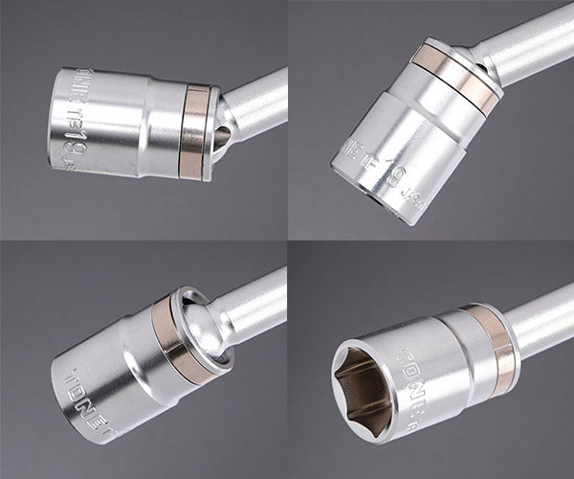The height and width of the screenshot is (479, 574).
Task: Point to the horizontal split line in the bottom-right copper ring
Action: [499, 346]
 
